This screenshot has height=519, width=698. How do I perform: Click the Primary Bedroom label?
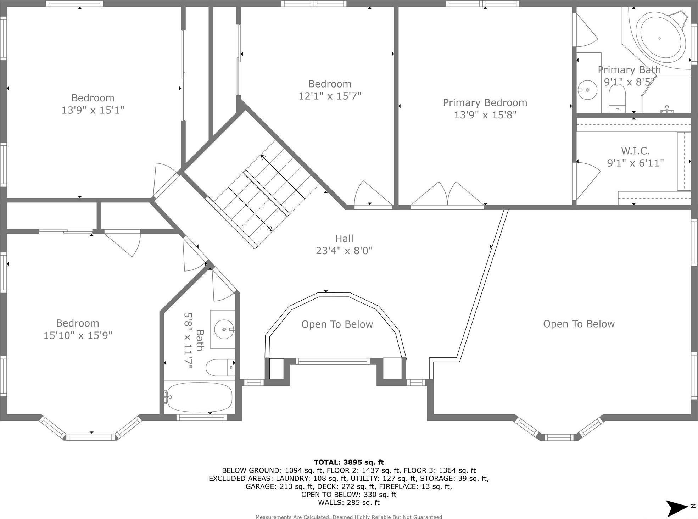click(x=485, y=103)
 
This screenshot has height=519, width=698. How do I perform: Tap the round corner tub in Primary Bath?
click(x=659, y=38)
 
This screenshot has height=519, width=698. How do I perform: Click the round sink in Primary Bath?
click(x=587, y=90)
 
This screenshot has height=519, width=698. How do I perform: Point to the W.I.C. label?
click(x=635, y=151)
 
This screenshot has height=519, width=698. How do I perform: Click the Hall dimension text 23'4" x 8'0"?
click(x=344, y=251)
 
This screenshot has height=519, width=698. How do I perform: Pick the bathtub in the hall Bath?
click(x=200, y=397)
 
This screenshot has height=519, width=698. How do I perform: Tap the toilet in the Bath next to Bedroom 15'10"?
click(x=219, y=367)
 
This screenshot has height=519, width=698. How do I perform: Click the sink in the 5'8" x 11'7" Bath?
click(x=224, y=329)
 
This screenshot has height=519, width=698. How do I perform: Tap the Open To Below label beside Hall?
click(x=337, y=324)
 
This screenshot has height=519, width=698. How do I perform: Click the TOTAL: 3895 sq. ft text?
click(x=348, y=462)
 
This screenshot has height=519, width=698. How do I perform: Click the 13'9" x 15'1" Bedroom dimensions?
click(x=93, y=110)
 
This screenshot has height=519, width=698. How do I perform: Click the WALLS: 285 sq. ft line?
click(x=348, y=502)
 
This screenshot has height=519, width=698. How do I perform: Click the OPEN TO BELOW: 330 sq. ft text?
click(x=348, y=495)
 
